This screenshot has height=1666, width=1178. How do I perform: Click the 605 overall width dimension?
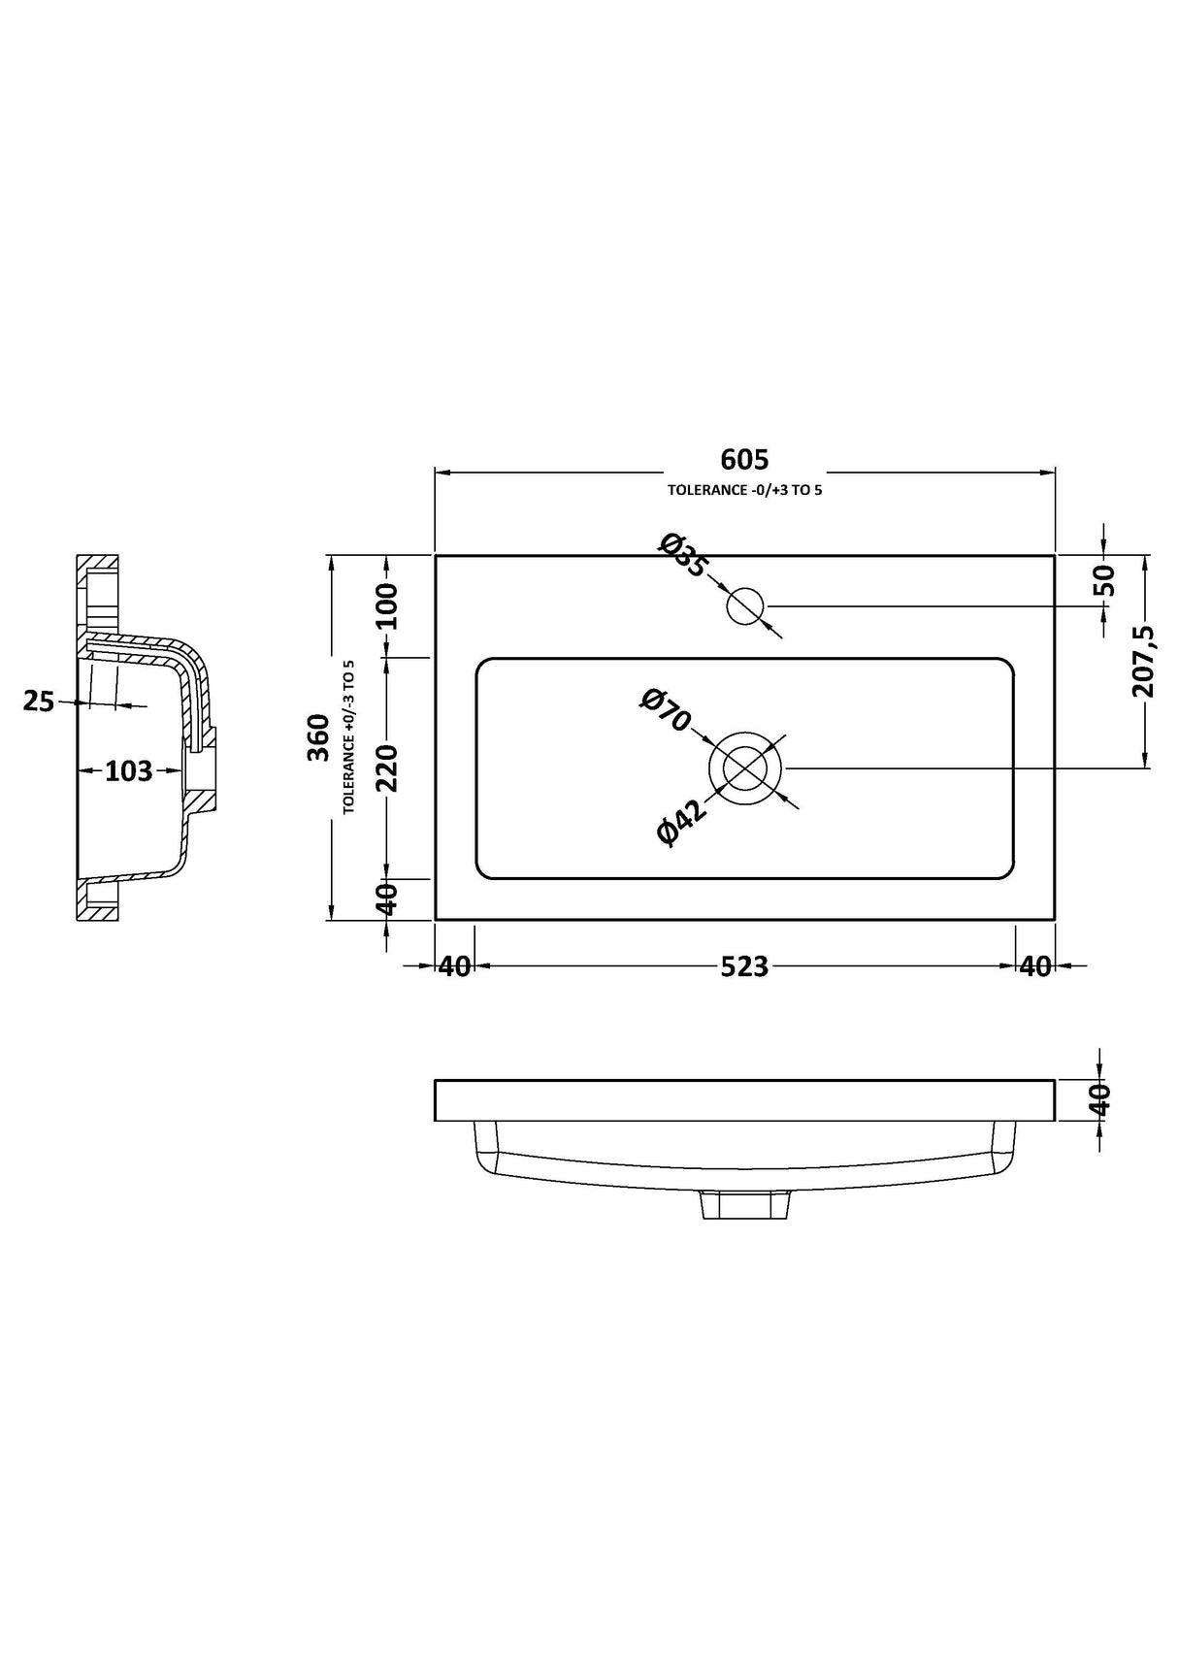(x=744, y=459)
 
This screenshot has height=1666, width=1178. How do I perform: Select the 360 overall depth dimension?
(x=319, y=737)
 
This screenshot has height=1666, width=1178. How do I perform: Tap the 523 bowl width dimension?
(x=744, y=966)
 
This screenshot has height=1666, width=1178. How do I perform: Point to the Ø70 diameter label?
(x=665, y=710)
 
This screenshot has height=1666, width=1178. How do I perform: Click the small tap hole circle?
(x=745, y=606)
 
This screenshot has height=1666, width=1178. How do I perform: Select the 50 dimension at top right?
(x=1104, y=580)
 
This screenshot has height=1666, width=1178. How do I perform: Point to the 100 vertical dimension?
(x=387, y=606)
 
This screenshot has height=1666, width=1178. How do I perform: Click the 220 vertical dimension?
(x=387, y=768)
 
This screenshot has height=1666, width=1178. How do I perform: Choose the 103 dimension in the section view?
(x=129, y=771)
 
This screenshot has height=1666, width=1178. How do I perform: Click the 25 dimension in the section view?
(x=39, y=702)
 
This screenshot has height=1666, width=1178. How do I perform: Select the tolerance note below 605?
(x=744, y=490)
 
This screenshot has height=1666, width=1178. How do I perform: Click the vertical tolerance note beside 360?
(x=348, y=737)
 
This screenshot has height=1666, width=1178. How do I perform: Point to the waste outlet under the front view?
(x=744, y=1204)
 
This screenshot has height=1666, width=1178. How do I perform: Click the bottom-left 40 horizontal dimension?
(x=454, y=966)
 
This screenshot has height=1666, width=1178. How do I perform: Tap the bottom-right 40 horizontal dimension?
(x=1035, y=966)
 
